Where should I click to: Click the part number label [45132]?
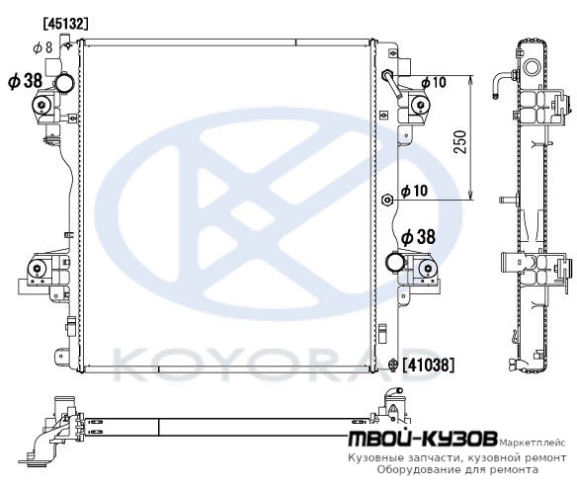pos(66,24)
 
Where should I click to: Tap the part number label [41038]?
pos(429,365)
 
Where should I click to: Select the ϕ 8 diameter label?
pos(43,47)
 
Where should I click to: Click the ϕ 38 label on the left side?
pos(26,81)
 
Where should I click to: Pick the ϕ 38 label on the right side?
pos(418,237)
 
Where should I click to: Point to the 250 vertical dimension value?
pos(460,141)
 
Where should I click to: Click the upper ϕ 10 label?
pos(434,82)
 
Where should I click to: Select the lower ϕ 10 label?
pos(414,191)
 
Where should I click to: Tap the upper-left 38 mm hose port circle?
pos(64,83)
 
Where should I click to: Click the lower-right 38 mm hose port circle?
pos(395,262)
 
